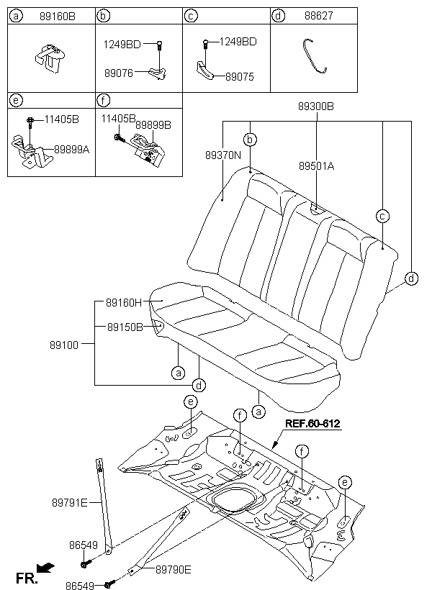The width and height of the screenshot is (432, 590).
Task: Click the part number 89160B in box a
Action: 58,16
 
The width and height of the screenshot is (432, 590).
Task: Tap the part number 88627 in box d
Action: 319,16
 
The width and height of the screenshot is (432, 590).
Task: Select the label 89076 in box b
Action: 119,73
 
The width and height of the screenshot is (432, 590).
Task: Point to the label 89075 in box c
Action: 240,77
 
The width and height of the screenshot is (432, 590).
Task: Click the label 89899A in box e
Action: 71,150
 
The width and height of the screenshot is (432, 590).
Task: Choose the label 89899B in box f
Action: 153,124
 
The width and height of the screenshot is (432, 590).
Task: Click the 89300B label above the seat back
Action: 315,106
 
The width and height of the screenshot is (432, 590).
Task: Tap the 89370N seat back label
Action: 223,155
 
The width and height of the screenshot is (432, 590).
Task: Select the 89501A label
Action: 316,166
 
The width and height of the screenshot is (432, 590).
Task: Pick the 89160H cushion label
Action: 124,302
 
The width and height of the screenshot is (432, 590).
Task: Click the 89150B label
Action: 125,327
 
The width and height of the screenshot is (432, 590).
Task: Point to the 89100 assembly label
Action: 64,345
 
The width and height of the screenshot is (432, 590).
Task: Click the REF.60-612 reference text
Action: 312,423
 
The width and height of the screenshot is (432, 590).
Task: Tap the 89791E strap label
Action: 70,502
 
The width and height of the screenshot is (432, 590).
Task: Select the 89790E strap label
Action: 174,570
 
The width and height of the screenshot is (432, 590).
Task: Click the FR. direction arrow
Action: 45,568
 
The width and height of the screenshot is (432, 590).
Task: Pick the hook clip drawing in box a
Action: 50,58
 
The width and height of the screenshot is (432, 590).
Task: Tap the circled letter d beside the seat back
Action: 411,278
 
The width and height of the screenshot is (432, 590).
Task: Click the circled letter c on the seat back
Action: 382,216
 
